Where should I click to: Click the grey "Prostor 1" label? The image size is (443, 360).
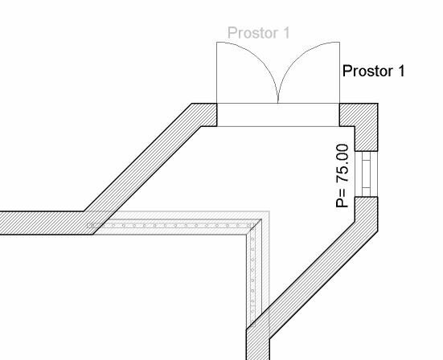259,33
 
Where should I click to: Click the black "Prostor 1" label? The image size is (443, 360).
373,71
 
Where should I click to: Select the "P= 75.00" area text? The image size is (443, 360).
343,176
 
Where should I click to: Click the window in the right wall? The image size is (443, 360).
366,174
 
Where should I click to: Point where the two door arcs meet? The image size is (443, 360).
278,102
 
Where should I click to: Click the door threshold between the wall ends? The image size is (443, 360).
278,115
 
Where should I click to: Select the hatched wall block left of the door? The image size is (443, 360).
207,115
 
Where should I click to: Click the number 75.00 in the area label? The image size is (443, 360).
343,163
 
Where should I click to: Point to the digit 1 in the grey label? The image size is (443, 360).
286,33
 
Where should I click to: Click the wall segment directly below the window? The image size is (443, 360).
367,214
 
